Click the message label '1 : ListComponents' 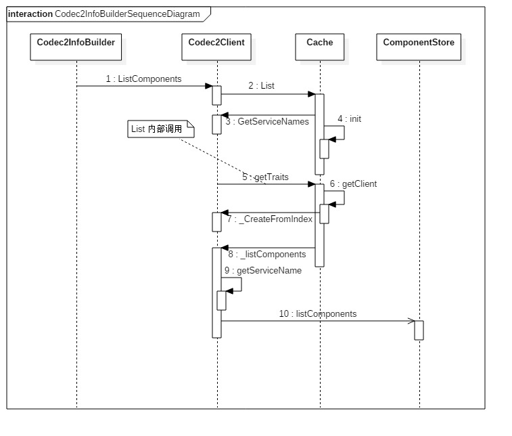143,79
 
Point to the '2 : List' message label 261,86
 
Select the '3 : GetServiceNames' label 267,122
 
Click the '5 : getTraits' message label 266,177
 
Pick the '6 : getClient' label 353,183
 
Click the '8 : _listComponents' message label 266,255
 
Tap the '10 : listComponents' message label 317,314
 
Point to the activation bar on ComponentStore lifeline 419,330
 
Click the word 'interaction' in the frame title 30,14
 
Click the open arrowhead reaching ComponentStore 411,321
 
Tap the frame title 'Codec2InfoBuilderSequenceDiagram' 127,14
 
